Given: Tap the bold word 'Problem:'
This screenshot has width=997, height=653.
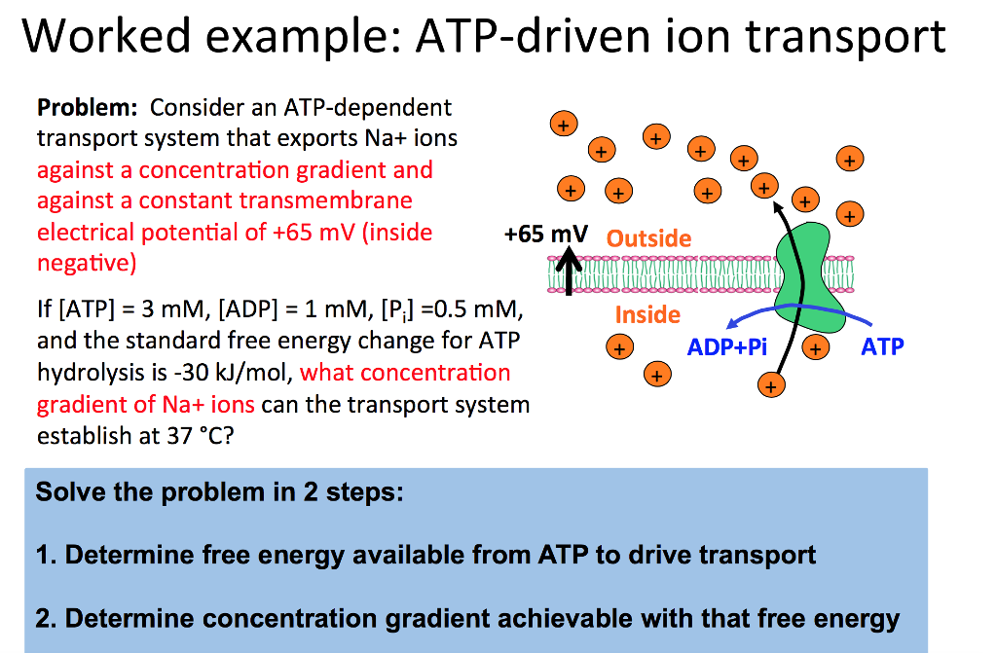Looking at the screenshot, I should [x=89, y=107].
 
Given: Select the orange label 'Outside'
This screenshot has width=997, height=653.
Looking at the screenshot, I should [x=648, y=238].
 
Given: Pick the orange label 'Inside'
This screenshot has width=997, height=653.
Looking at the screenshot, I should [x=647, y=314].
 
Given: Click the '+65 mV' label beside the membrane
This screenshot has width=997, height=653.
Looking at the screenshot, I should [x=546, y=235].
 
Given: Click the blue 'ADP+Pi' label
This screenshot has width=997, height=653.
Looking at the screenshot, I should [x=725, y=346].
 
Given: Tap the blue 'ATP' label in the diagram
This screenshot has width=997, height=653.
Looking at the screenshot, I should [x=882, y=346].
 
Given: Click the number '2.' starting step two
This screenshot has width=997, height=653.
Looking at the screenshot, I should [x=47, y=618].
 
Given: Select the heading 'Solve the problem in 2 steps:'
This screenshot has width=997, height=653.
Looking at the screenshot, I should [x=219, y=491].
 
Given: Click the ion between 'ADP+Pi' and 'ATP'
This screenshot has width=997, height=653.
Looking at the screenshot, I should [x=816, y=347].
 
